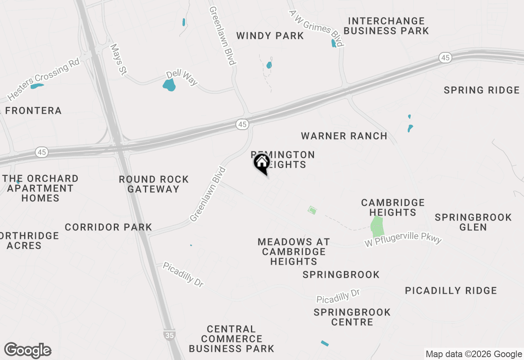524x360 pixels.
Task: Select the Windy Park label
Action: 270,36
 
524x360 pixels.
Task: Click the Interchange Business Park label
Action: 386,26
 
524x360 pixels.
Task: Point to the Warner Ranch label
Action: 344,136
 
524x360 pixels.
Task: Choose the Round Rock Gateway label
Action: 154,184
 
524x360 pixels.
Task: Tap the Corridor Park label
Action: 108,227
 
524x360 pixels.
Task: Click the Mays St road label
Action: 117,60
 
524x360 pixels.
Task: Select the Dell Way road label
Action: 182,78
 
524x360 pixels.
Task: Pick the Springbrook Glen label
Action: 473,222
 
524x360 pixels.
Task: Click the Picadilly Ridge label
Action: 451,290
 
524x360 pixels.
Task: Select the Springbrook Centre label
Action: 352,317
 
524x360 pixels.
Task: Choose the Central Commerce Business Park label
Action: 231,339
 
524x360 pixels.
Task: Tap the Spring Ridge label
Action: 481,90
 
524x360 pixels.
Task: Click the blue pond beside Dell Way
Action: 169,85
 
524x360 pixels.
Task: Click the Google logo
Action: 27,351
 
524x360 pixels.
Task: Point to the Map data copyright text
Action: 474,354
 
